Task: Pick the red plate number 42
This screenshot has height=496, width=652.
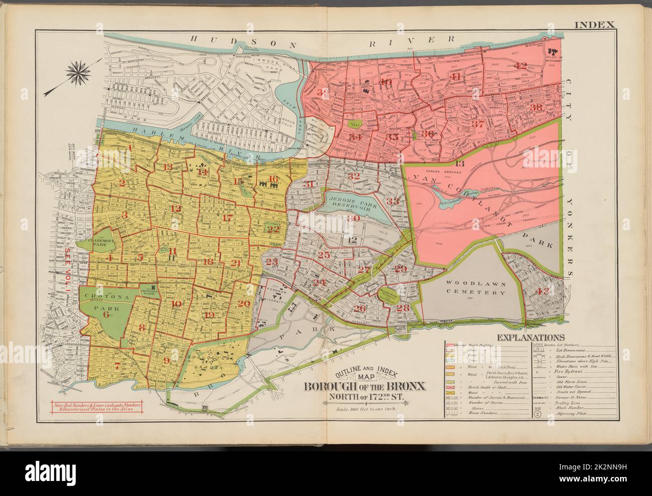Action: [x=520, y=65]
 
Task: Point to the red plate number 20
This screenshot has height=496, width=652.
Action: [x=244, y=303]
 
